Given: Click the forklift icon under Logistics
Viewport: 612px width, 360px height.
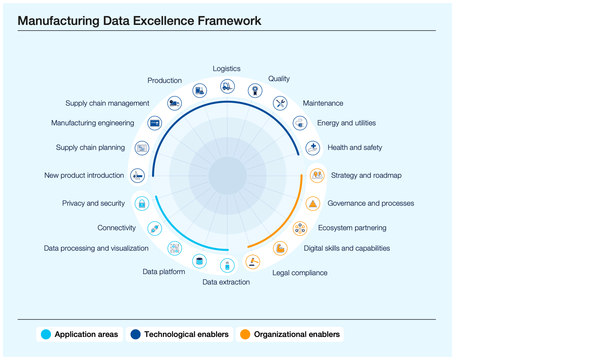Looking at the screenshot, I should point(227,86).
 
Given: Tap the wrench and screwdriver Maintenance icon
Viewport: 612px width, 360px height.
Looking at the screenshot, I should point(280,103).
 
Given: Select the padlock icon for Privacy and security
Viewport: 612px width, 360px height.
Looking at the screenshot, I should point(142,203).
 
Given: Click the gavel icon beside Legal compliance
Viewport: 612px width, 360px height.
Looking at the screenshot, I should point(253,262).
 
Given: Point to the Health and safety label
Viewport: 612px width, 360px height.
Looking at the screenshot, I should point(354,148).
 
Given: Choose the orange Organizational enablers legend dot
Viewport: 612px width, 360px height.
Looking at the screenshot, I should point(245,334).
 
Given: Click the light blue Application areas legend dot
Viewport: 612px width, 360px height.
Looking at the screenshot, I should point(46,334).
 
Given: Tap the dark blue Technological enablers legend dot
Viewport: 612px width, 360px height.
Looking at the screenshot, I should point(135,334).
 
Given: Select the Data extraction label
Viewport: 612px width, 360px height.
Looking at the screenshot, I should point(226,282).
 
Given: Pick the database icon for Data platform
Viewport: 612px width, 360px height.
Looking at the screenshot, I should point(199,261).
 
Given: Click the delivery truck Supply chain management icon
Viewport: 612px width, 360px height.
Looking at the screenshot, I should point(174,103).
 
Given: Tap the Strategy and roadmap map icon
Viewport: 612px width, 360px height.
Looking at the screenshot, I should point(317,175).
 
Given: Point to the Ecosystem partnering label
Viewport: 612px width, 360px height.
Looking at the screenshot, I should point(352,228).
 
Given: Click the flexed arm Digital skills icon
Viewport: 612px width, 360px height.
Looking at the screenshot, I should point(280,248).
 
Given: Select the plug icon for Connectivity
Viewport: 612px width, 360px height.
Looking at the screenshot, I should point(155,228).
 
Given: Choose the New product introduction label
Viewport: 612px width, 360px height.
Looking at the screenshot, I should point(84,175).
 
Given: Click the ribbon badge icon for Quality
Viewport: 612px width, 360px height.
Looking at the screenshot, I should point(255,90).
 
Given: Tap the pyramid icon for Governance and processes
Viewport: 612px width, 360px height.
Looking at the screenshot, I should point(313,203).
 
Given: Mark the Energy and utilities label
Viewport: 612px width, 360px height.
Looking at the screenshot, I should point(346,123).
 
